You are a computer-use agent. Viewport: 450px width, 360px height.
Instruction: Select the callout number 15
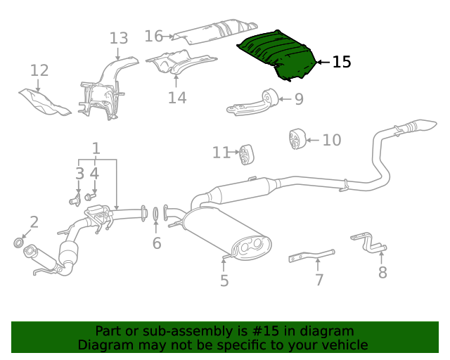[341, 63]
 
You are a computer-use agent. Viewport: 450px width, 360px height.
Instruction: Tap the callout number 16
[154, 36]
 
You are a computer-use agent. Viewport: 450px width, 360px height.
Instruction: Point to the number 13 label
[119, 39]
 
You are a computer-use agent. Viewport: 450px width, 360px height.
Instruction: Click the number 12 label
[39, 70]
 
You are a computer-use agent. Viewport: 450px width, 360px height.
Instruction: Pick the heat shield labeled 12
[44, 101]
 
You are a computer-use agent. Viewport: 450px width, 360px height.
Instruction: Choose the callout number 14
[177, 98]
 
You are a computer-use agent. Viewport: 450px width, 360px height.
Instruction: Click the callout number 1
[96, 149]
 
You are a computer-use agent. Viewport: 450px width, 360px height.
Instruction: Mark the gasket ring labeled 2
[20, 243]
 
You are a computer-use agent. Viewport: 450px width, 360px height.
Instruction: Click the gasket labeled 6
[156, 214]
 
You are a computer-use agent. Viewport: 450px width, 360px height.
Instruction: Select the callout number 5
[224, 281]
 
